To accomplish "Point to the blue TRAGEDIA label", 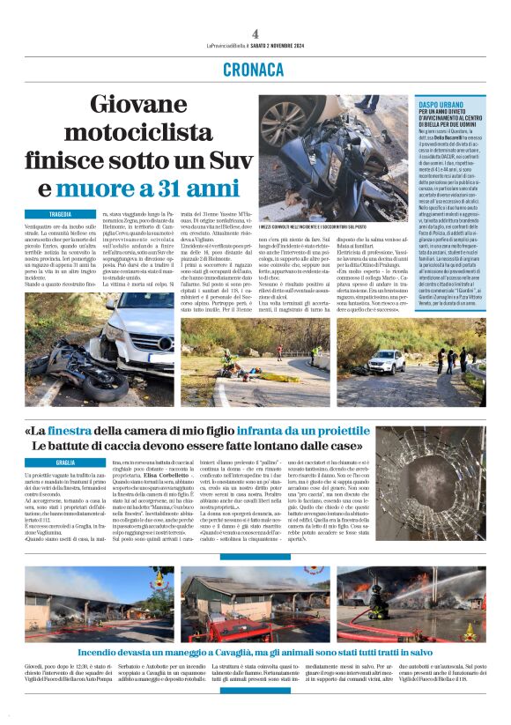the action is (60, 214).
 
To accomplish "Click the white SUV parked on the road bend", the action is (387, 360).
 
